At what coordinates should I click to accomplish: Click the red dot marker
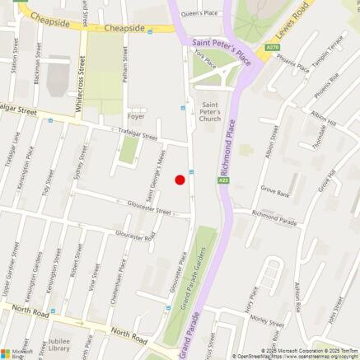[x=180, y=180]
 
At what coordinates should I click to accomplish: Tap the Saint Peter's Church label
[x=212, y=112]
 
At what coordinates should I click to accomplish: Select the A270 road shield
[x=274, y=49]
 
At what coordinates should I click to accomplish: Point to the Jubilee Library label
[x=58, y=344]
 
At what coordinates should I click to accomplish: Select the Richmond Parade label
[x=274, y=220]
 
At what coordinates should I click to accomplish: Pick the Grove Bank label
[x=275, y=192]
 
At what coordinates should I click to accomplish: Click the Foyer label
[x=136, y=116]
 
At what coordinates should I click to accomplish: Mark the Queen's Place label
[x=200, y=13]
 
